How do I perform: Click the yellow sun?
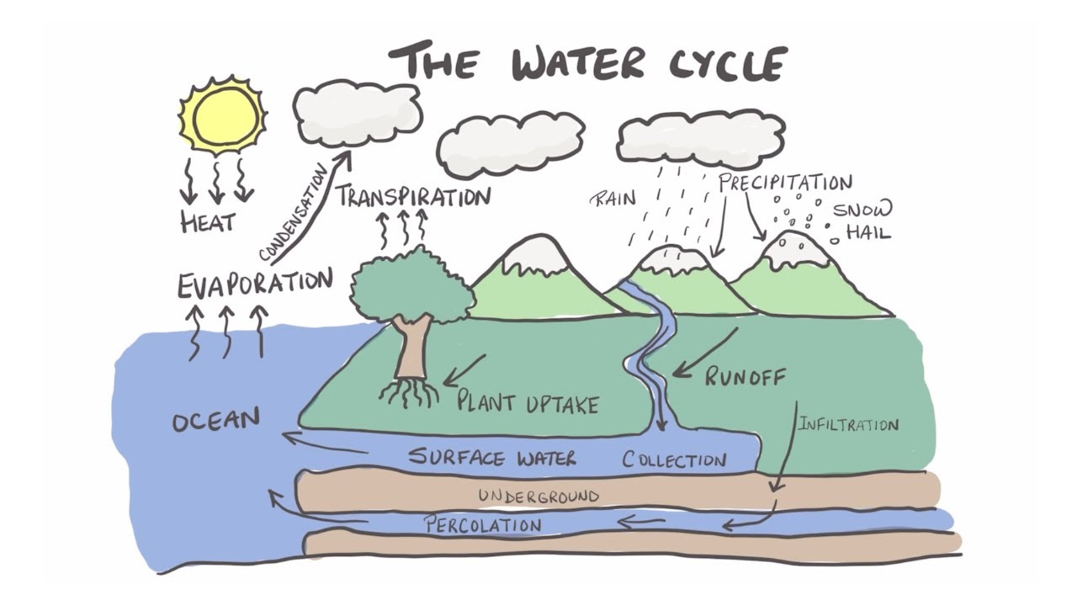click(222, 115)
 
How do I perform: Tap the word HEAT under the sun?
click(208, 222)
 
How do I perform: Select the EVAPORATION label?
click(254, 282)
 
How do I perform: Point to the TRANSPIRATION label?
click(412, 197)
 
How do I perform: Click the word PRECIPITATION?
click(785, 182)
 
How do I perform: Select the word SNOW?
click(862, 210)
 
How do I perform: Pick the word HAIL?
click(867, 231)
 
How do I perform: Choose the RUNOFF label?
click(745, 376)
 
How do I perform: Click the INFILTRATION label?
click(848, 424)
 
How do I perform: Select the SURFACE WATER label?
click(492, 458)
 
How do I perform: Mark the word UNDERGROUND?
click(538, 496)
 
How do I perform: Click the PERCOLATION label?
click(482, 525)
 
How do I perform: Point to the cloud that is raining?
click(700, 137)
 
